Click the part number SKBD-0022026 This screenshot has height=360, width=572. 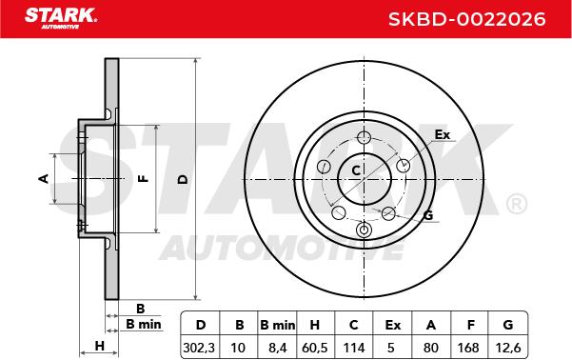(466, 19)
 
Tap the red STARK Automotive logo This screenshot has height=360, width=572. (61, 18)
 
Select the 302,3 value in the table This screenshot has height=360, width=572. (199, 348)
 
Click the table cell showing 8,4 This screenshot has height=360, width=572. (277, 348)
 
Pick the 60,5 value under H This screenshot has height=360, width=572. (314, 348)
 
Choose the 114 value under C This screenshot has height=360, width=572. (354, 348)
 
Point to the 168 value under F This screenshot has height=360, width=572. (468, 348)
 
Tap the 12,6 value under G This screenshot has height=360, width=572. (508, 348)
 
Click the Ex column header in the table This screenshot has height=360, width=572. (392, 325)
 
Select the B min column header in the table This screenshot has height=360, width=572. (277, 325)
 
